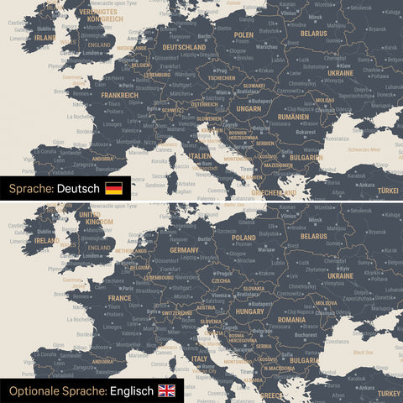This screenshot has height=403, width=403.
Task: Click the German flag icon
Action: [113, 188]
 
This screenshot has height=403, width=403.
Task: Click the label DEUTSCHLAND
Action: [177, 48]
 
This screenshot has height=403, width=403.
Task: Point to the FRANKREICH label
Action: [119, 95]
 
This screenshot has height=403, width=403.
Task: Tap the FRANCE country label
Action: [118, 297]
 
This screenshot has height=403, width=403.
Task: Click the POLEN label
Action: [243, 35]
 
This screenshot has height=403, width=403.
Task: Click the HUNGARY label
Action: [251, 311]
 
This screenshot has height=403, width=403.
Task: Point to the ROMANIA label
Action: [292, 320]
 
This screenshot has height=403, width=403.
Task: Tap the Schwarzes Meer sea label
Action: [364, 149]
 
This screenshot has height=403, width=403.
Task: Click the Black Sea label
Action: [364, 353]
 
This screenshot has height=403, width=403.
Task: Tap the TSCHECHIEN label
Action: [222, 78]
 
